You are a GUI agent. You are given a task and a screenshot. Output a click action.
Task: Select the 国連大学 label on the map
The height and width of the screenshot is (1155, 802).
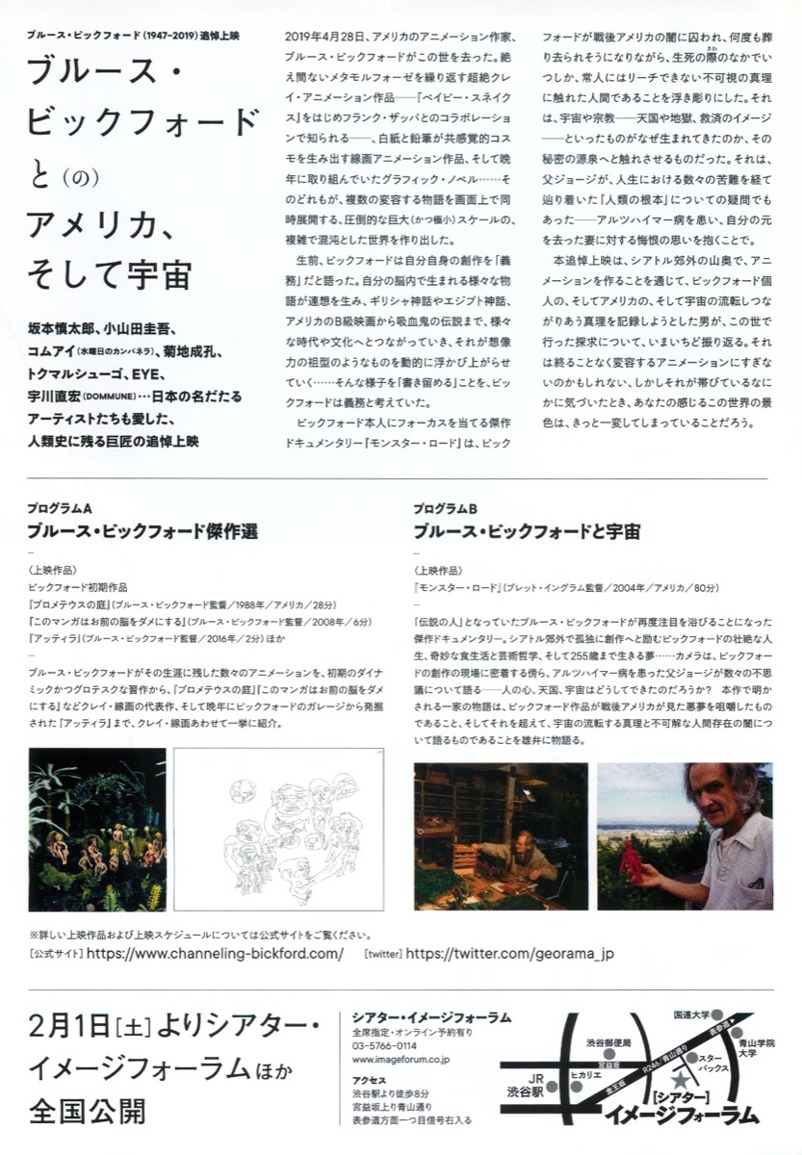coord(691,1014)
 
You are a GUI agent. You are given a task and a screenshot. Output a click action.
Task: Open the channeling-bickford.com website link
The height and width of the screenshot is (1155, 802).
coord(215,954)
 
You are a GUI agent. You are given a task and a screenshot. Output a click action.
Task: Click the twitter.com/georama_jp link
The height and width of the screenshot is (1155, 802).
coord(509,954)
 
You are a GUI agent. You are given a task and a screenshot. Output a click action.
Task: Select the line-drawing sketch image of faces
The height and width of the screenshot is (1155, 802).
coord(278,830)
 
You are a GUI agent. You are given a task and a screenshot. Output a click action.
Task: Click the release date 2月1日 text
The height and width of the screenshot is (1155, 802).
coord(68,1024)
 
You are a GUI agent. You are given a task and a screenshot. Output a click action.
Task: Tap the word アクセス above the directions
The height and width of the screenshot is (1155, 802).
coord(370,1079)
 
